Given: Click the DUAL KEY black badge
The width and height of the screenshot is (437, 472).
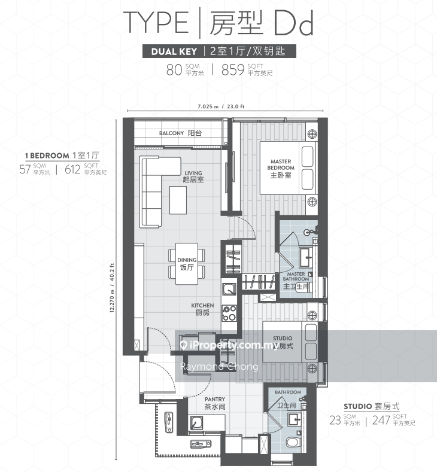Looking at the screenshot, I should tap(172, 51).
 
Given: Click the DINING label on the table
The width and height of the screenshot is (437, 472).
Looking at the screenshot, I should tap(187, 264).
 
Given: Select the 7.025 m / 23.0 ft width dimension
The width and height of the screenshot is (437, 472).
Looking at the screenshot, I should tap(225, 107).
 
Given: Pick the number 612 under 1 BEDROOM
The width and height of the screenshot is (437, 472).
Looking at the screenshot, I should tap(72, 169).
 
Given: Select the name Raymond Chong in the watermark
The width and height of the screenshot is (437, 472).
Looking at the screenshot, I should tap(218, 367).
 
